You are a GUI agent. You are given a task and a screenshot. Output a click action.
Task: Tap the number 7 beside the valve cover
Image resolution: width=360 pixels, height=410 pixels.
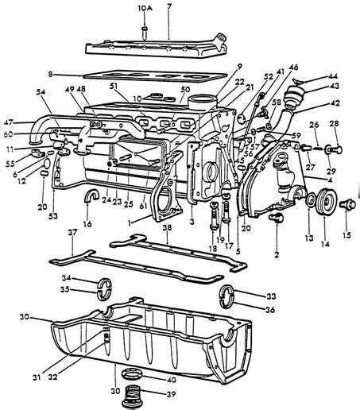pyautogui.click(x=168, y=7)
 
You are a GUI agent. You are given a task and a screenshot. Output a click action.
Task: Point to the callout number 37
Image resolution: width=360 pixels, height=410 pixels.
pyautogui.click(x=72, y=232)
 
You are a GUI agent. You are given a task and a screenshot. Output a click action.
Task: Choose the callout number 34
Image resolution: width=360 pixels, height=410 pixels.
pyautogui.click(x=68, y=277)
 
